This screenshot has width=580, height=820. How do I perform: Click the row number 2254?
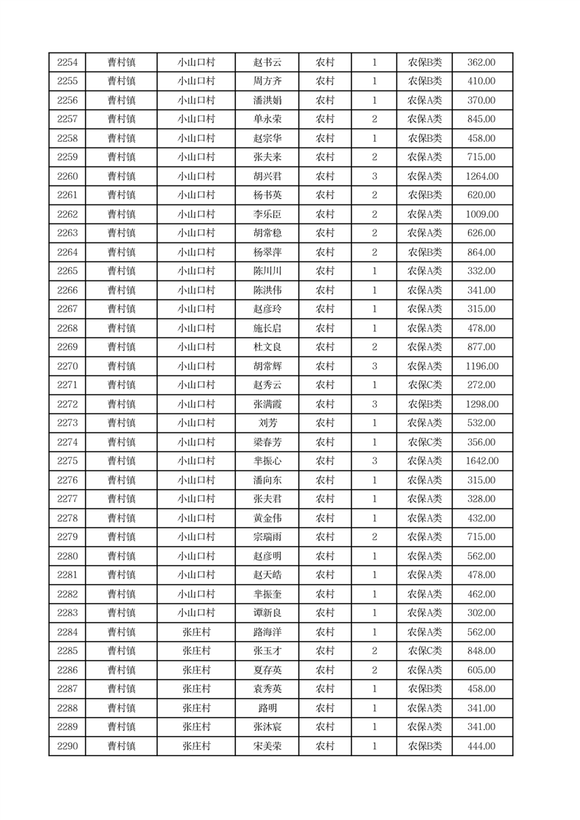coord(67,62)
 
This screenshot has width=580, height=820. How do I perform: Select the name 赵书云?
coord(267,62)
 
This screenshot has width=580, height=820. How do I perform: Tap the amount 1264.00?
coord(481,176)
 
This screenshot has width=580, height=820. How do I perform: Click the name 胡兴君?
coord(267,176)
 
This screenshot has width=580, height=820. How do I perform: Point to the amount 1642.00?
coord(481,461)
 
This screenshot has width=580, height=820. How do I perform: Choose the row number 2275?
coord(67,461)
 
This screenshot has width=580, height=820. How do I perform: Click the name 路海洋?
coord(267,632)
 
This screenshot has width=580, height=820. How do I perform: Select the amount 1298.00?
coord(481,404)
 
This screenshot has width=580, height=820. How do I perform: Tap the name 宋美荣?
coord(267,746)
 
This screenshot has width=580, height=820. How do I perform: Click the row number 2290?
coord(67,746)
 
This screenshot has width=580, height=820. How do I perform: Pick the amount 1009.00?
coord(481,214)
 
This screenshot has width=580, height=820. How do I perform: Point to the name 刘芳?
coord(267,423)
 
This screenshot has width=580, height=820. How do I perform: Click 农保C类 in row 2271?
coord(424,385)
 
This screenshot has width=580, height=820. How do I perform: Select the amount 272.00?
coord(481,385)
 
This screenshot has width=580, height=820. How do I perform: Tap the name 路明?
coord(267,708)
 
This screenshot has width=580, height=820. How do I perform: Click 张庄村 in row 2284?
coord(196,632)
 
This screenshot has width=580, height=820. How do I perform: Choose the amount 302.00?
coord(481,613)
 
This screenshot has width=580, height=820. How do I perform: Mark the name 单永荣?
coord(267,119)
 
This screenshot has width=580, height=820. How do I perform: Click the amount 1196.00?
coord(481,366)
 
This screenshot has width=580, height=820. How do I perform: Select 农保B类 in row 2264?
coord(424,252)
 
